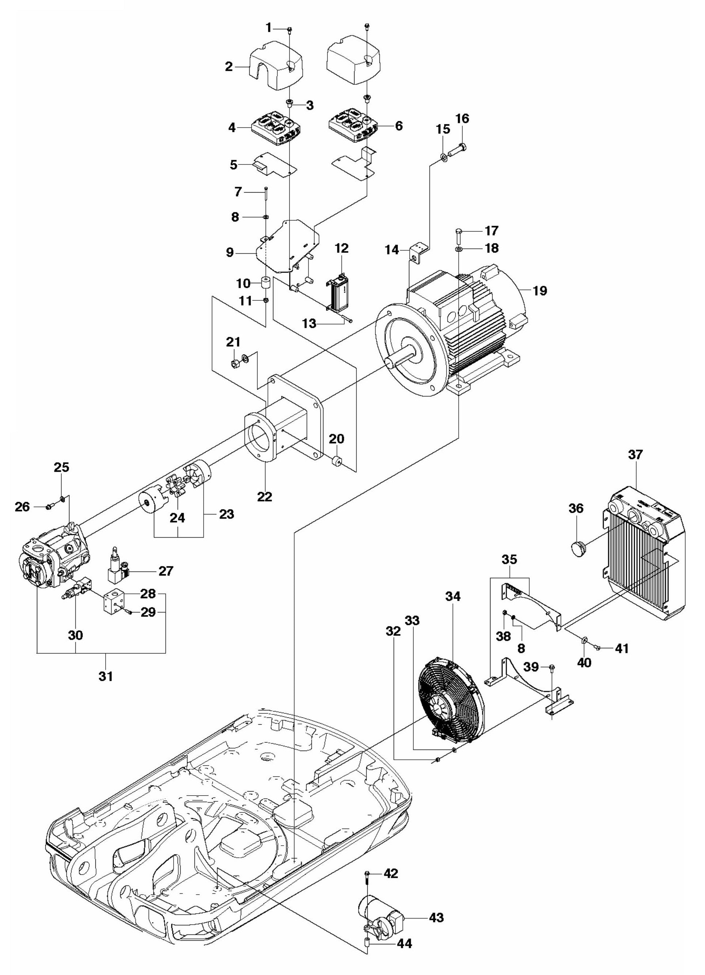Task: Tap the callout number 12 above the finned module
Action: [342, 249]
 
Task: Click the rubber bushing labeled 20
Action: [336, 463]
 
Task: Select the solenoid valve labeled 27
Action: [117, 572]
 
